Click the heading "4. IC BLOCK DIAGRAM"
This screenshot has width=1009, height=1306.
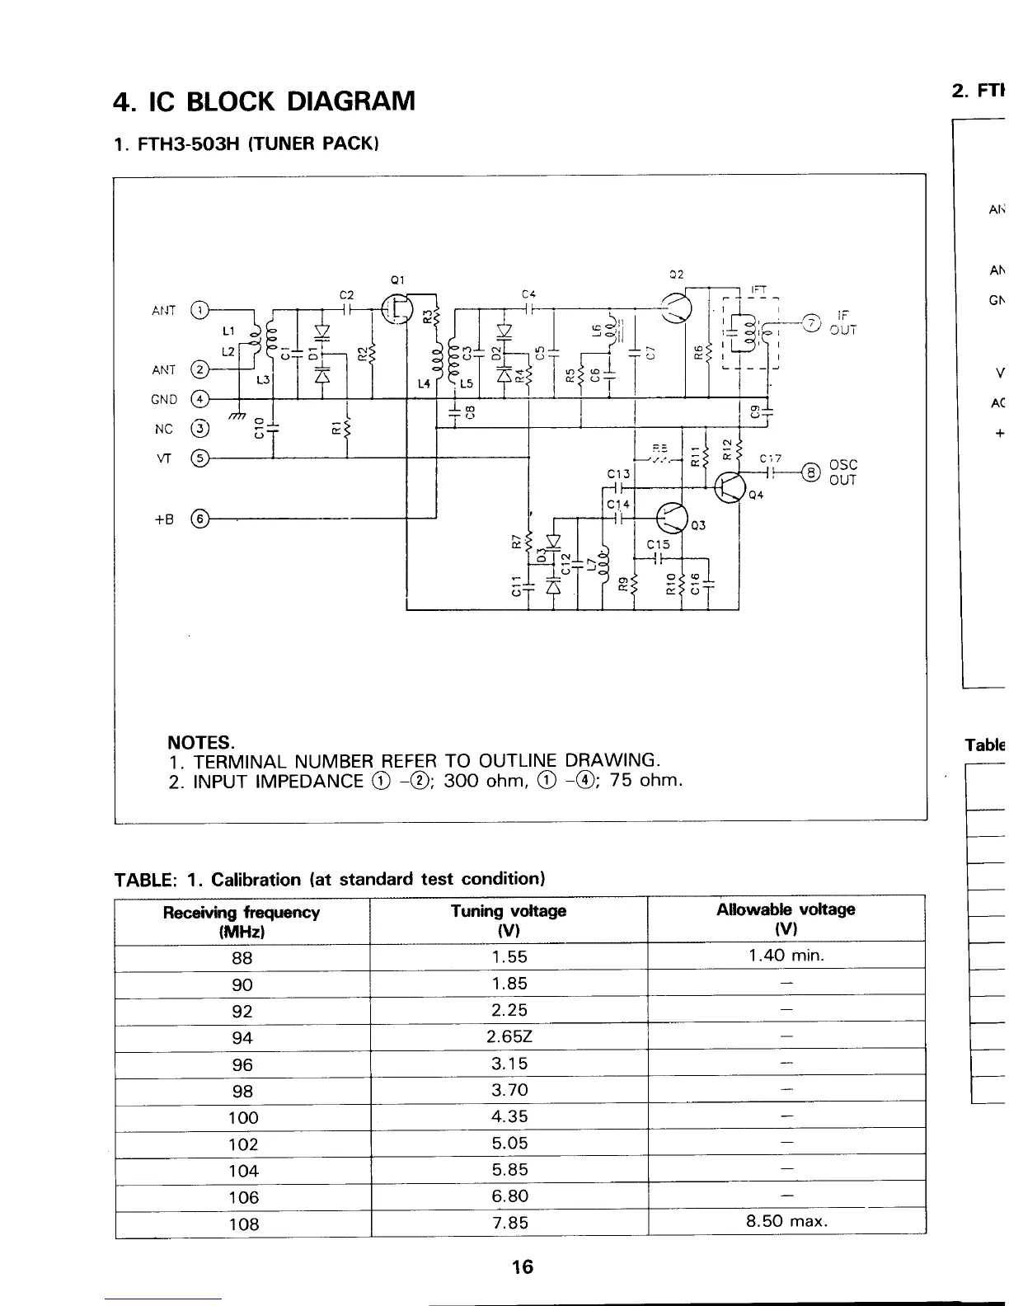(x=264, y=101)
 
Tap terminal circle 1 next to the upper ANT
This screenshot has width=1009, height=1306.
(x=199, y=311)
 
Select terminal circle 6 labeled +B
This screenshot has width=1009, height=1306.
(x=199, y=519)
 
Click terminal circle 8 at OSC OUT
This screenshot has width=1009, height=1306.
(x=813, y=472)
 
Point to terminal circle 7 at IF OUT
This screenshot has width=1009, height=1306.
(x=813, y=322)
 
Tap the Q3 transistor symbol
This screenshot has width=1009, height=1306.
(x=671, y=519)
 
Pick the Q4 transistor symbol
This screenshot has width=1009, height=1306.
(x=729, y=486)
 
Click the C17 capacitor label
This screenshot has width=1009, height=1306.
(x=770, y=458)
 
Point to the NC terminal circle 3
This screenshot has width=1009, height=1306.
(x=199, y=429)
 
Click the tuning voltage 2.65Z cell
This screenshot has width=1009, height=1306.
(x=509, y=1036)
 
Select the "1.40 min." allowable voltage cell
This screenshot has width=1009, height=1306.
(x=786, y=956)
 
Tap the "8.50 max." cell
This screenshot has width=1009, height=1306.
(x=786, y=1221)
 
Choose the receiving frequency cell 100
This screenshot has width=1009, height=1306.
(x=243, y=1117)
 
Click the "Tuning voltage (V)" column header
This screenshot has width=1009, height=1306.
(x=509, y=919)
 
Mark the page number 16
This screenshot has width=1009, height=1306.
(x=522, y=1267)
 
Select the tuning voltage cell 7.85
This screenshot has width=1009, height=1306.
(x=509, y=1223)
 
